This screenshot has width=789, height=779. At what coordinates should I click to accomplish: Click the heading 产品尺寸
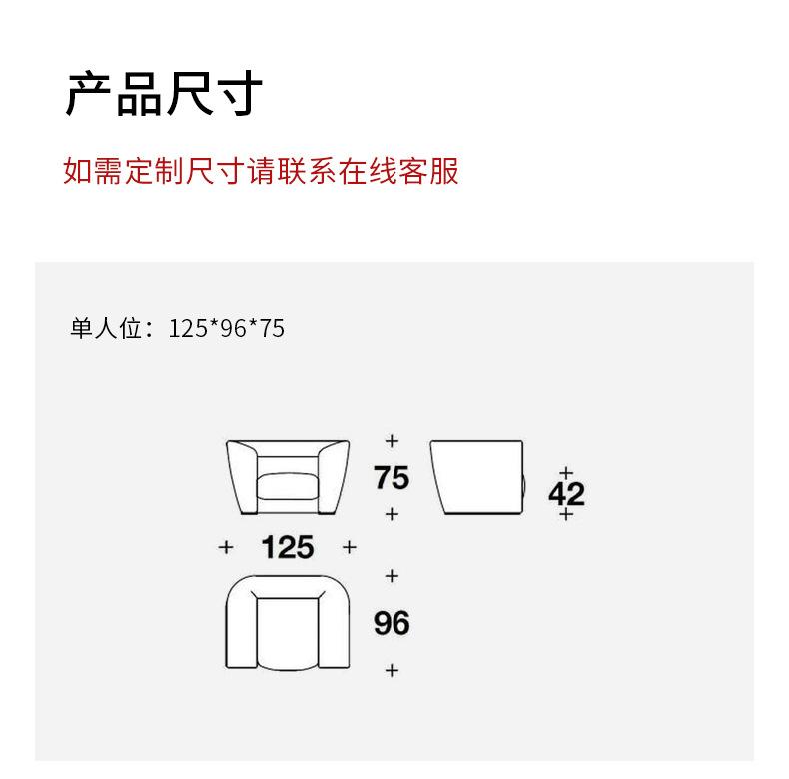point(164,94)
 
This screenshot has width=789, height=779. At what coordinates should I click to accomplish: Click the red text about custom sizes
point(261,171)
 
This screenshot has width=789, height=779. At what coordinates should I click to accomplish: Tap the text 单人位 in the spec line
point(106,328)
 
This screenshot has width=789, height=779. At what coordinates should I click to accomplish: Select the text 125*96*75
point(227,328)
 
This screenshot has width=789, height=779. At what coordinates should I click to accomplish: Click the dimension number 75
point(392,478)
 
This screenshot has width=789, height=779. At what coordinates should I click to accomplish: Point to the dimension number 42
point(566,493)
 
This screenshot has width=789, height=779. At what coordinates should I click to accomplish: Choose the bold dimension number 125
point(287,547)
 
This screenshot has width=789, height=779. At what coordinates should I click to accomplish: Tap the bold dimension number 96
point(392,623)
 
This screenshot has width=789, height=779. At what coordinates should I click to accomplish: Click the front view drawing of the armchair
point(288,477)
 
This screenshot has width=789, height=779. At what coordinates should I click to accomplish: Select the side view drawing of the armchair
point(477,477)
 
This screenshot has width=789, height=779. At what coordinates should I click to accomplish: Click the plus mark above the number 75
point(392,440)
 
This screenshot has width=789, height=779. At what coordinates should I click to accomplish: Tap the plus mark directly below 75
point(392,514)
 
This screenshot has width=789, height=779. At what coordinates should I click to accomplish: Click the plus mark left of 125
point(226,547)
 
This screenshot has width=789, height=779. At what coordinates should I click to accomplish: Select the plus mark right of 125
point(349,547)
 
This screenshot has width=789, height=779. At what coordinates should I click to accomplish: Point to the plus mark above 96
point(392,576)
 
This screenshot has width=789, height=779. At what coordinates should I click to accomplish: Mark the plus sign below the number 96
point(392,670)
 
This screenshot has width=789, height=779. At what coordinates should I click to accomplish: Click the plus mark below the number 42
point(566,514)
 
